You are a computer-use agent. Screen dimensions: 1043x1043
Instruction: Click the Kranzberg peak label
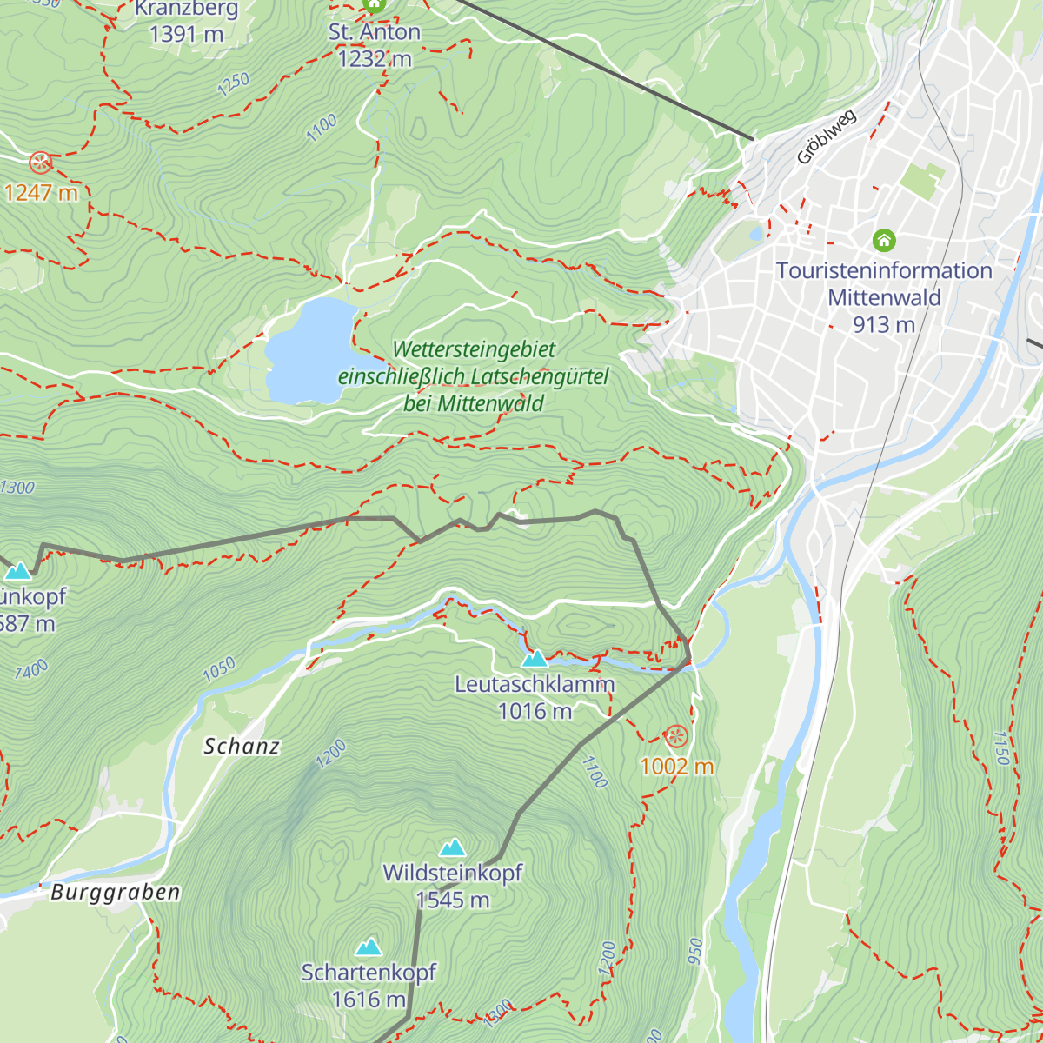point(186,23)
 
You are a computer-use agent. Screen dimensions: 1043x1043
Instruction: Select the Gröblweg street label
point(826,137)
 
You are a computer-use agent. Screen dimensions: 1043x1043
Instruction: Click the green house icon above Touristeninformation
point(884,239)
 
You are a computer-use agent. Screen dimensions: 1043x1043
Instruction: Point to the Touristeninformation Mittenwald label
point(884,296)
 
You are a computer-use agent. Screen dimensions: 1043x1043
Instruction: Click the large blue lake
point(309,352)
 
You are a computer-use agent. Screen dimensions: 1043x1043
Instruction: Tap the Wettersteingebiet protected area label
point(474,376)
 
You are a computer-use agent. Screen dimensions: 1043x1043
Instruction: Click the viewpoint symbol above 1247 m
point(40,163)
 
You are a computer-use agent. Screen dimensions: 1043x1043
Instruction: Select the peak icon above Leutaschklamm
point(535,658)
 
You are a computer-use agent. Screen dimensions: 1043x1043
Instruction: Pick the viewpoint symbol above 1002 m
point(675,738)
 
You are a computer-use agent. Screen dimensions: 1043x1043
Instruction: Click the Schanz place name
point(242,746)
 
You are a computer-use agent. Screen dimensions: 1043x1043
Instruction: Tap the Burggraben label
point(115,893)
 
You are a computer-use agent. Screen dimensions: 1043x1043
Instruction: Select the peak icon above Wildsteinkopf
point(452,847)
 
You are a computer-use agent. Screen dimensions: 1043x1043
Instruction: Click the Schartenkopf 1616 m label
point(369,986)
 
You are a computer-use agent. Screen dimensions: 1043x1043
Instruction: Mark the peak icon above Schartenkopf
point(369,946)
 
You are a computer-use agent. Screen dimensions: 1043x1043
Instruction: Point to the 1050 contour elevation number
point(218,669)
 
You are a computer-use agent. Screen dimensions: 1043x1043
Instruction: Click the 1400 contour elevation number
point(31,670)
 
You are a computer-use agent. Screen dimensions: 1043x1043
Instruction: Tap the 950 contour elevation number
point(694,953)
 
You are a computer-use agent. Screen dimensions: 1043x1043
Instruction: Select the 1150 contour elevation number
point(1000,747)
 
